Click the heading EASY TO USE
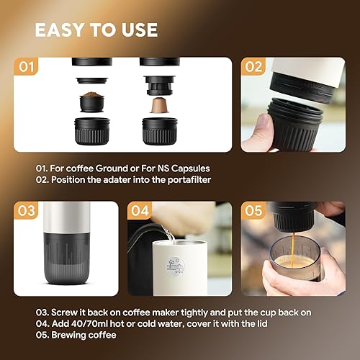(96, 30)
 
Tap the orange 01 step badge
(27, 68)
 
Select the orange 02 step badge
(254, 68)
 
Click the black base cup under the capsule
(156, 131)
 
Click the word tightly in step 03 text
(189, 313)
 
